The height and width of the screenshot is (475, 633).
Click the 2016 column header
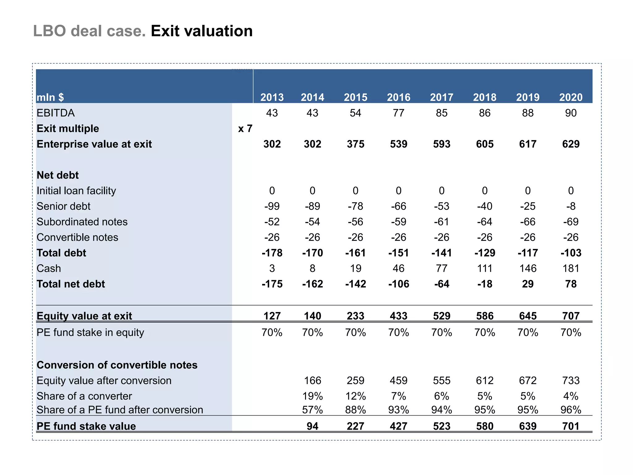tap(398, 97)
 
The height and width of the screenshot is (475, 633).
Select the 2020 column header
tap(571, 97)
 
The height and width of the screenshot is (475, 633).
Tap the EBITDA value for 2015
tap(355, 113)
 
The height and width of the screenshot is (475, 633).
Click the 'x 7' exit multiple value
tap(245, 129)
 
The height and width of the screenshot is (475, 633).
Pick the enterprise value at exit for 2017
tap(441, 144)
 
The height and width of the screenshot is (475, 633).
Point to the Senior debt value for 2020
tap(571, 206)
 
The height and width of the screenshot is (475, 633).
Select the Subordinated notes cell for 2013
tap(272, 222)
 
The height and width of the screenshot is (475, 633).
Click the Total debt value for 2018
tap(485, 253)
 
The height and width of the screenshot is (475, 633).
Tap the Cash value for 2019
tap(528, 268)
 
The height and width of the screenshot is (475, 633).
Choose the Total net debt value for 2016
tap(398, 284)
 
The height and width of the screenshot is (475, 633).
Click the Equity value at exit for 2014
tap(312, 316)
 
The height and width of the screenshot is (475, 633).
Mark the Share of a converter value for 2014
tap(312, 396)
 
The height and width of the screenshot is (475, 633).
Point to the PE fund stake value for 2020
tap(571, 426)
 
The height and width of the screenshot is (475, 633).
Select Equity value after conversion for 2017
tap(441, 381)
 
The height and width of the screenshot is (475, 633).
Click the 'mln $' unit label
tap(50, 97)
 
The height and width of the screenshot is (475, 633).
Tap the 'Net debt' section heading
tap(57, 175)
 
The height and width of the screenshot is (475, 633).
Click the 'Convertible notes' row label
tap(77, 237)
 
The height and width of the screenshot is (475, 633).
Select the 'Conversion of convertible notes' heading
tap(117, 365)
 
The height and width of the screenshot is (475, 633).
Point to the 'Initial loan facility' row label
tap(76, 191)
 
